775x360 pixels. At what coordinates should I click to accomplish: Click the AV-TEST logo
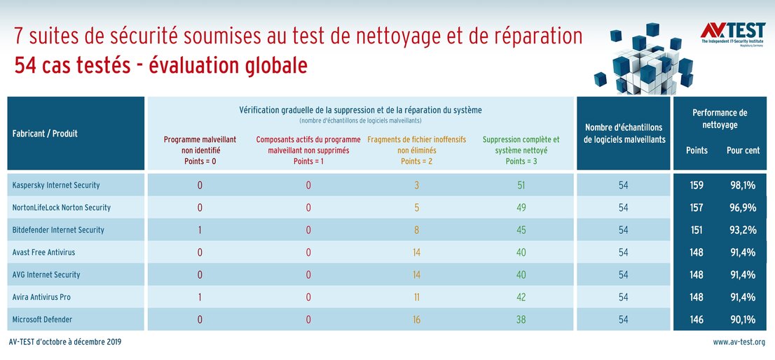(732, 33)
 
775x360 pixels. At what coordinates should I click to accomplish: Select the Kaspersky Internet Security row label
(56, 186)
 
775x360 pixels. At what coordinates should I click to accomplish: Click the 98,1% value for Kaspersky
(743, 186)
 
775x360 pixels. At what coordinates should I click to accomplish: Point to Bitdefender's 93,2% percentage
(743, 230)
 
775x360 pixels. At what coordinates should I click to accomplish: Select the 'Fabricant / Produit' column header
(45, 133)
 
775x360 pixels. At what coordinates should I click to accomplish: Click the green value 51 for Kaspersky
(521, 186)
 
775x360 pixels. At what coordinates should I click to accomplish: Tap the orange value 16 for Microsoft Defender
(416, 319)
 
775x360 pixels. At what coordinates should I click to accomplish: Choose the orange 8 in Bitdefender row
(416, 230)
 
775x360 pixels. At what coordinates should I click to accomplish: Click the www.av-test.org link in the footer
(739, 342)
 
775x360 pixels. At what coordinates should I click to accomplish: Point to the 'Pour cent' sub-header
(743, 151)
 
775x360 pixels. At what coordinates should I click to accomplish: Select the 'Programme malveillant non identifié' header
(200, 150)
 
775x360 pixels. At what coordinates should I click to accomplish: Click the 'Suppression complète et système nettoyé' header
(521, 150)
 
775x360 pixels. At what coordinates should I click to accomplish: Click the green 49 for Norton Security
(521, 208)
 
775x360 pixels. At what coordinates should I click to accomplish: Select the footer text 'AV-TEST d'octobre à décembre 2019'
(65, 342)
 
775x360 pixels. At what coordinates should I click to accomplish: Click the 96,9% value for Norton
(743, 208)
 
